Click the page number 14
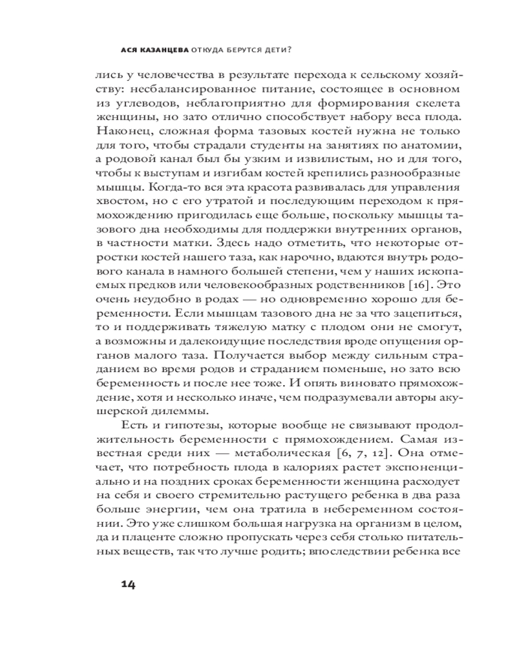click(127, 585)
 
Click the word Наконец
click(119, 132)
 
